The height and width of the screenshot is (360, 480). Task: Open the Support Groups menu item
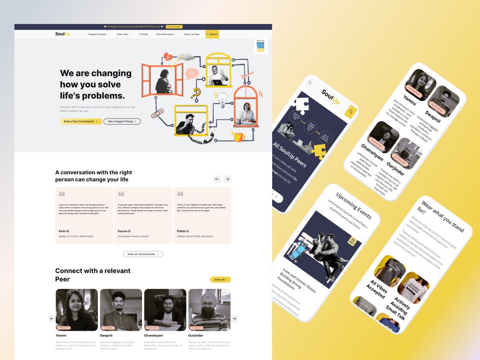[98, 34]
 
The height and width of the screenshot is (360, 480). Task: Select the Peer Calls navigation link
[123, 34]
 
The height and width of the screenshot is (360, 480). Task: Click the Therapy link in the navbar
[144, 34]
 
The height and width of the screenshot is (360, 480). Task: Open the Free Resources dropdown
[166, 34]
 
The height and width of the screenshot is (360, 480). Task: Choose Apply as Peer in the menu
[192, 34]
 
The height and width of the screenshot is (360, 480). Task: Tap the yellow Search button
[212, 34]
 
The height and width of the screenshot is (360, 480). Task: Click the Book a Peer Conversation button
[81, 121]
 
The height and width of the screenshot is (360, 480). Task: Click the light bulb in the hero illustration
[222, 98]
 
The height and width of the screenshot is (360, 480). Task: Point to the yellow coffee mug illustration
[239, 137]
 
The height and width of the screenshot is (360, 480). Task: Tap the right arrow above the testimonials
[228, 179]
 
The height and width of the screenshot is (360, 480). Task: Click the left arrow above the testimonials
[217, 179]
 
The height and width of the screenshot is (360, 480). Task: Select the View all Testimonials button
[143, 254]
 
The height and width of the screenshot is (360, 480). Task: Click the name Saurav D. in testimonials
[124, 231]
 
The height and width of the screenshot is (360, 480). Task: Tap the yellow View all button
[220, 279]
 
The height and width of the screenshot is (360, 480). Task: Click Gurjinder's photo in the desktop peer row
[209, 310]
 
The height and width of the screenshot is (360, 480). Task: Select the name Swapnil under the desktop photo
[107, 336]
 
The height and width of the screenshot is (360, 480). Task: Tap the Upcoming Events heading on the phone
[354, 206]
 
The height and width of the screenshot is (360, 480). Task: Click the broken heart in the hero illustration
[168, 57]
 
